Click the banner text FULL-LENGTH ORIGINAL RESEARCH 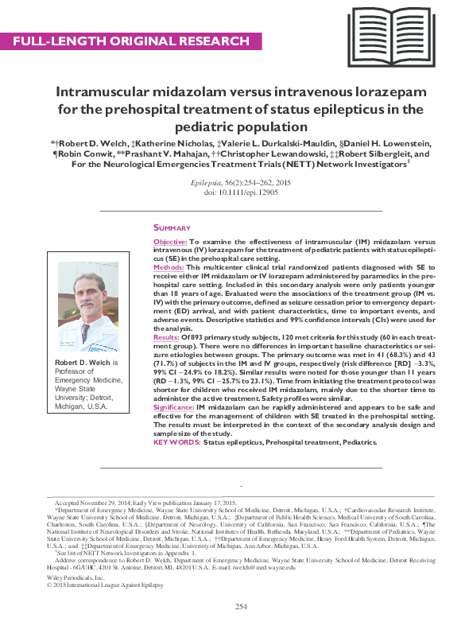131,40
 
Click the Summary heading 172,227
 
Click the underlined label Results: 166,337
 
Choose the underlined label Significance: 174,406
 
